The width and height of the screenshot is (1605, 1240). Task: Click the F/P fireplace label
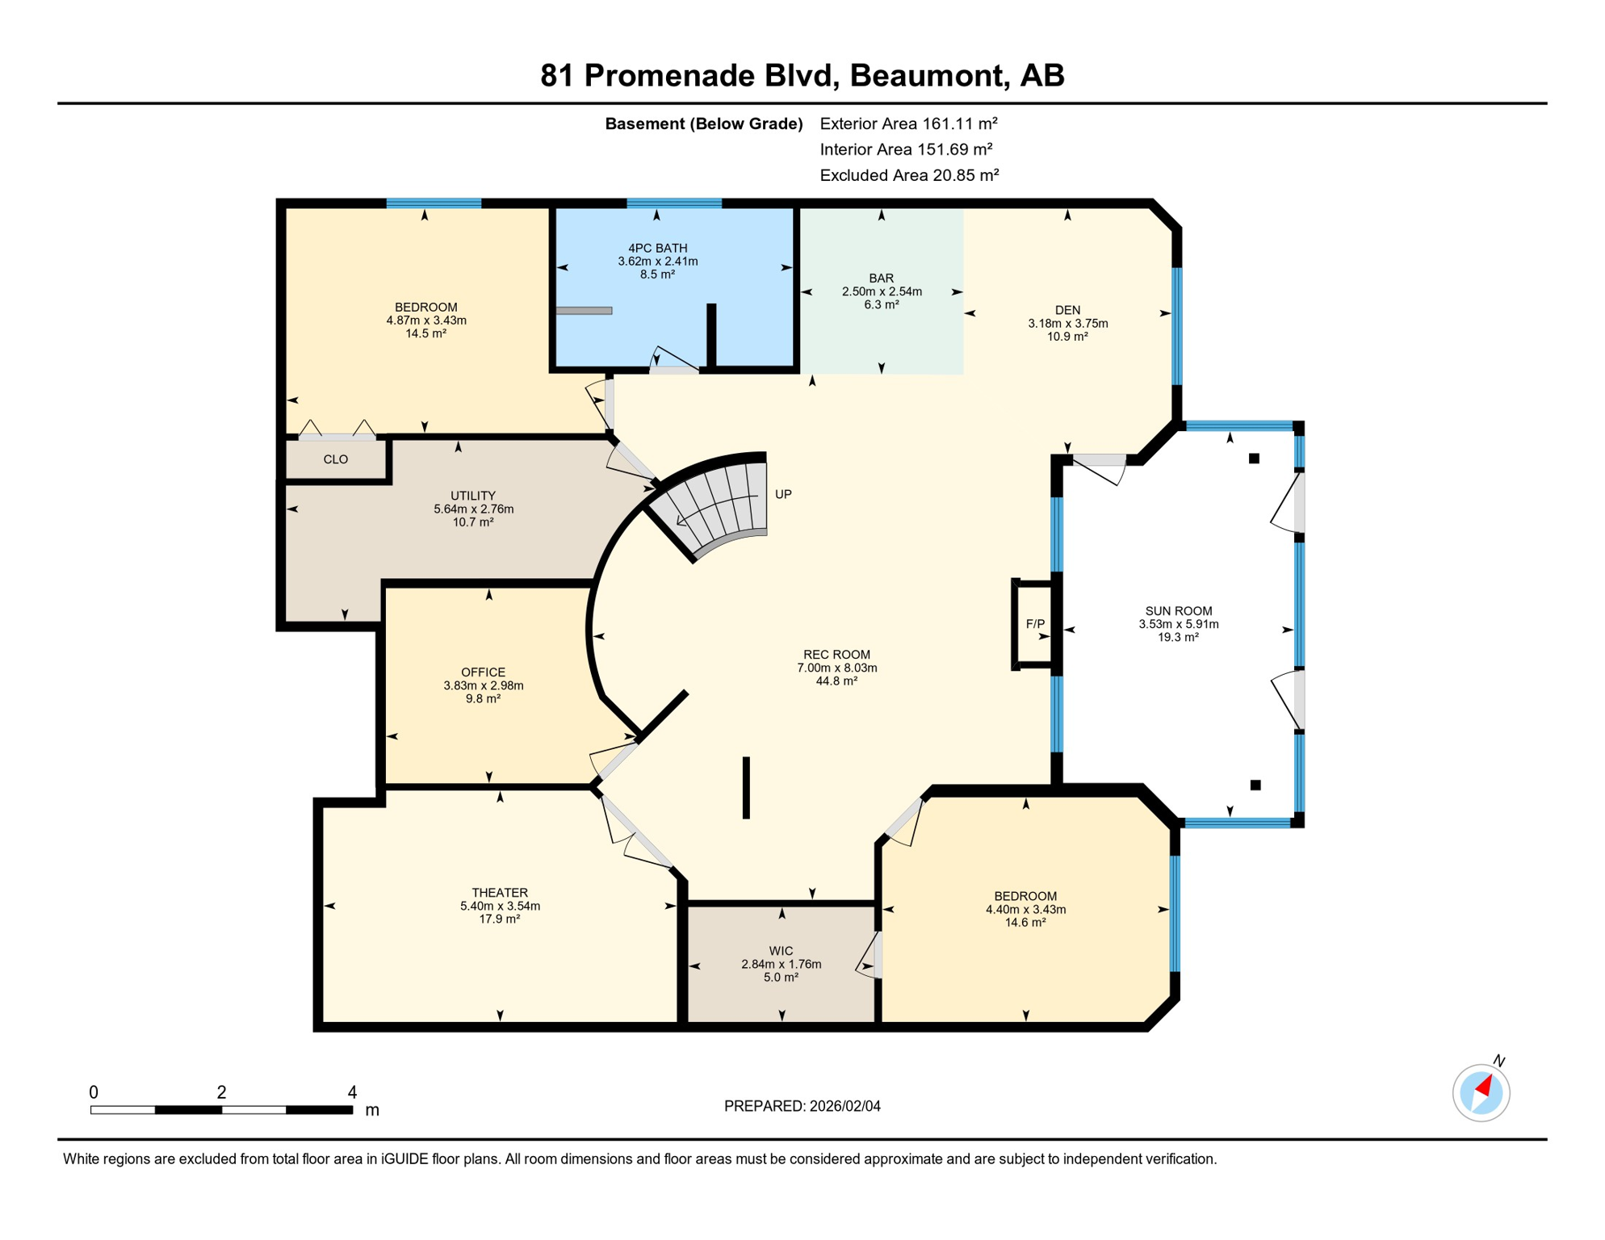tap(1035, 624)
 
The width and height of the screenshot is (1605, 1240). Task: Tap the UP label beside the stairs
tap(783, 494)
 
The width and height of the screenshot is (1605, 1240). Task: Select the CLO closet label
tap(336, 459)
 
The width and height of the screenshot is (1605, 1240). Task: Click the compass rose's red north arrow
tap(1485, 1087)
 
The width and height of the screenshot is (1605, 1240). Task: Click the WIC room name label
tap(781, 951)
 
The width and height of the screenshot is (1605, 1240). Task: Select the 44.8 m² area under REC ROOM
tap(836, 681)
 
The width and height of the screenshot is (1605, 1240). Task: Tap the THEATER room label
tap(500, 892)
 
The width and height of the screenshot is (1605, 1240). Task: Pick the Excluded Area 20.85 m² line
tap(909, 175)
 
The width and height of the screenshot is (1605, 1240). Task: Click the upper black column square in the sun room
tap(1254, 459)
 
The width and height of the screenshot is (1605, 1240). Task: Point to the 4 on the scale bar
tap(352, 1092)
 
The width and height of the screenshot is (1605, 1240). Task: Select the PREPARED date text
tap(802, 1106)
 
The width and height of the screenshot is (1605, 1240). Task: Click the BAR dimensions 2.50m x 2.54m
tap(882, 291)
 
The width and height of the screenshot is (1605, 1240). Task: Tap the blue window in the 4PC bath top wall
tap(674, 203)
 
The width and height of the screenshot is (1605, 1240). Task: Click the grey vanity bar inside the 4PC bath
tap(584, 311)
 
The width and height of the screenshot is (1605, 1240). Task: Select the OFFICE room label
tap(483, 672)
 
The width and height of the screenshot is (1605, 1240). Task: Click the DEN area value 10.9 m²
tap(1067, 336)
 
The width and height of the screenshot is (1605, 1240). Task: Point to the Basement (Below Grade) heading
tap(703, 124)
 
